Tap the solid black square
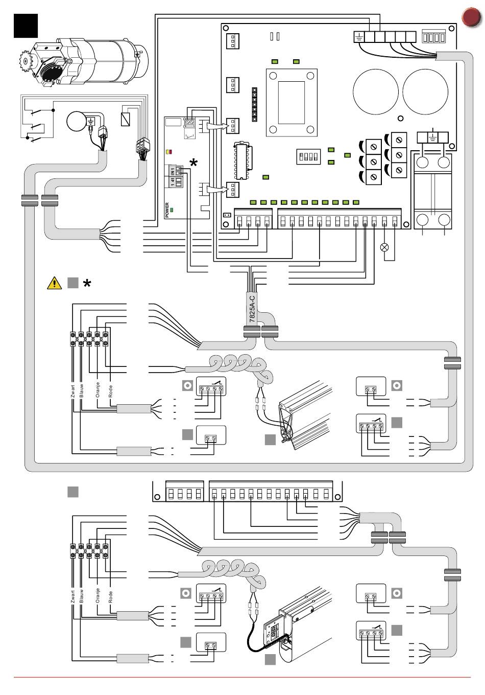coord(26,25)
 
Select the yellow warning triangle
coord(54,283)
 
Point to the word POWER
coord(167,210)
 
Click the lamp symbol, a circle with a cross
coord(385,247)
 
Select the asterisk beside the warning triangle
coord(87,284)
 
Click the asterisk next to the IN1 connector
coord(194,163)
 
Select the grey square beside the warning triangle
coord(72,283)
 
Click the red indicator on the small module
coord(171,152)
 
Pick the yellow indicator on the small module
coord(168,152)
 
